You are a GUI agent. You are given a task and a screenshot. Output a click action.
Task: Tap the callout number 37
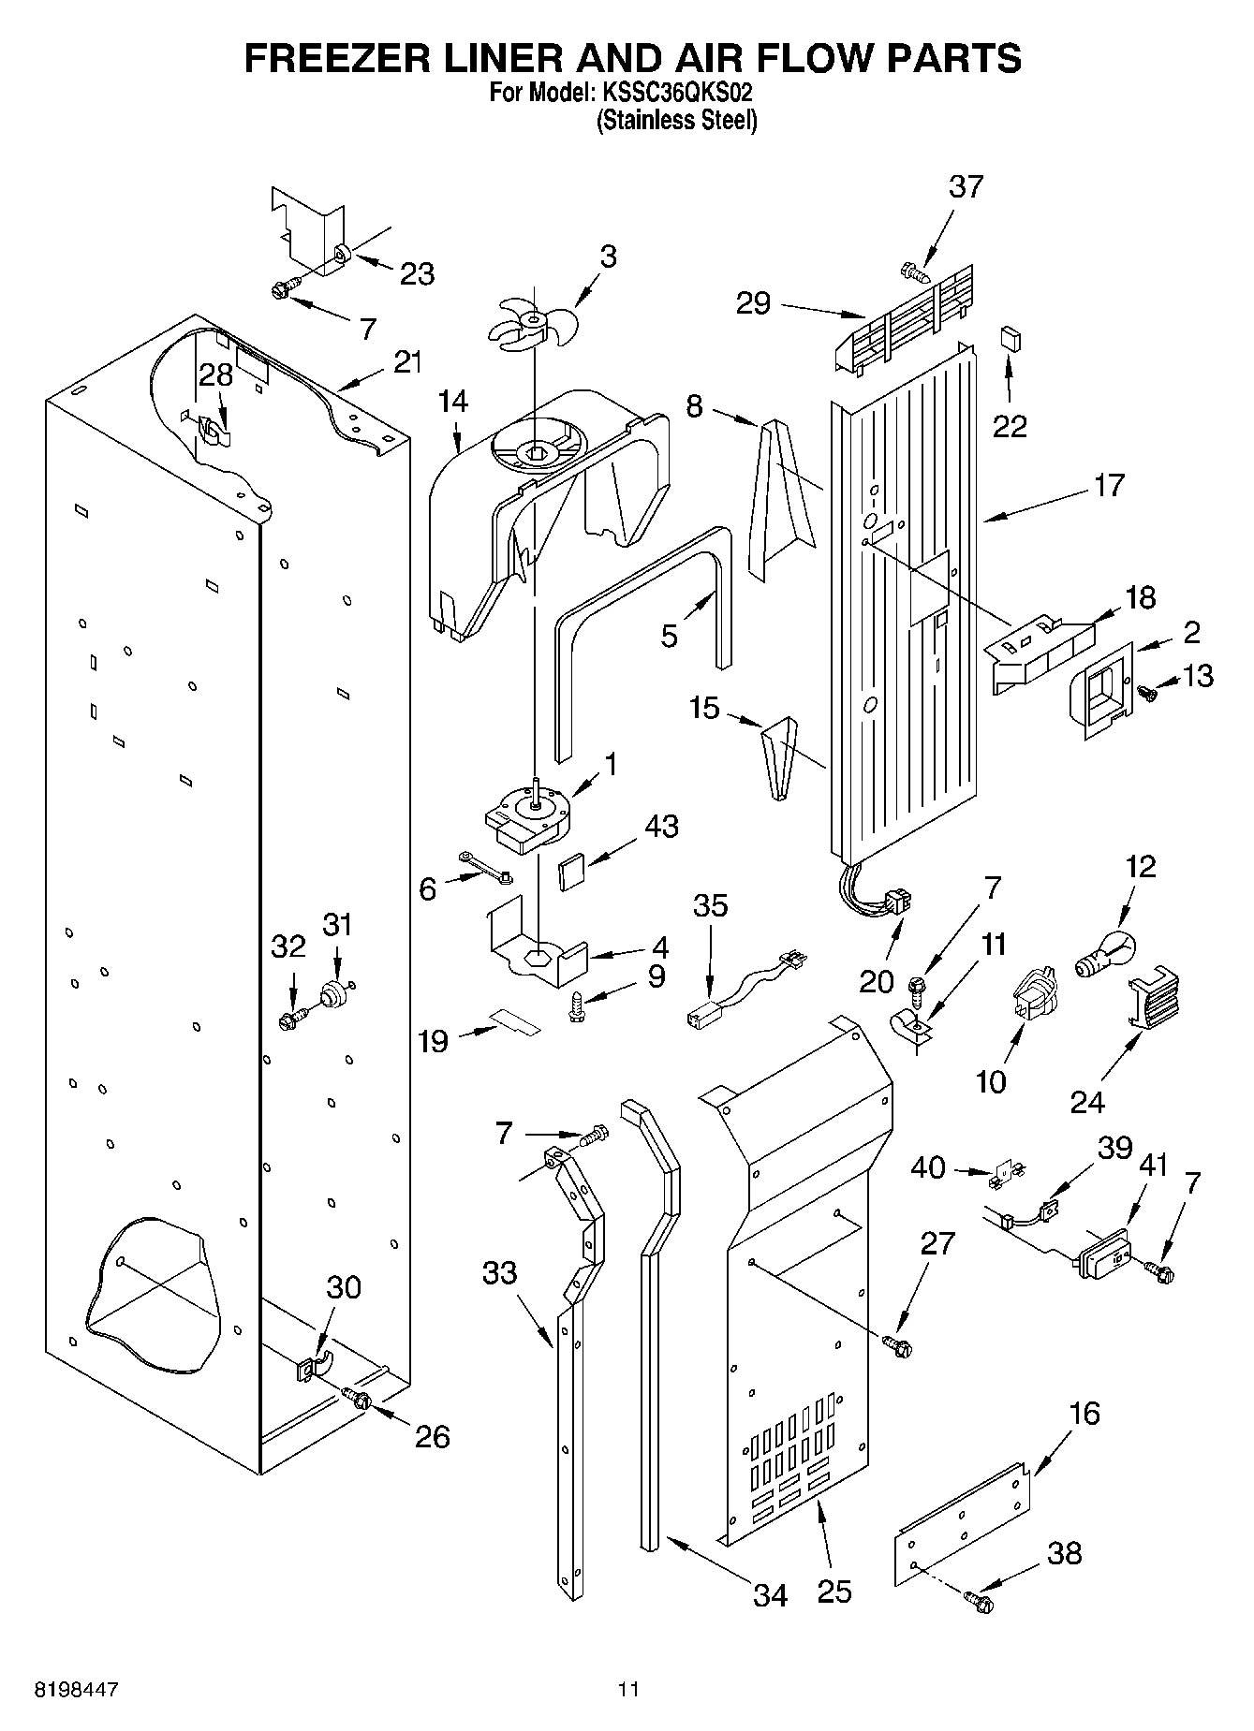point(966,186)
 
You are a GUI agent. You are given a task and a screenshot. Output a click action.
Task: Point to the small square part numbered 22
point(1010,337)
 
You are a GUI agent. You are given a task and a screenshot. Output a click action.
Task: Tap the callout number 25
point(834,1591)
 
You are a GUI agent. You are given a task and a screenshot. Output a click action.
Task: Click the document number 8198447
point(77,1689)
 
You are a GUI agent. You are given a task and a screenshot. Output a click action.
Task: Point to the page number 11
point(627,1689)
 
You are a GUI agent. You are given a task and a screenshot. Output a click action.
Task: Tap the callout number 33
point(500,1272)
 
